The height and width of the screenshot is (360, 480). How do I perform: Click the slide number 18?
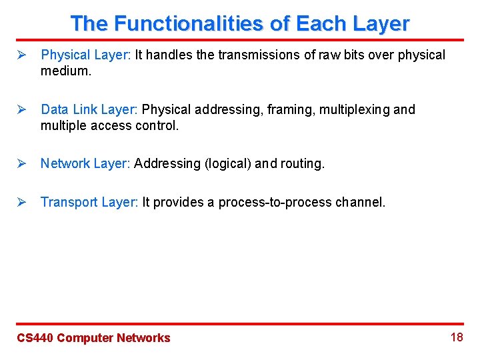click(x=457, y=337)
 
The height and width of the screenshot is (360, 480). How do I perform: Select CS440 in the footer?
click(x=35, y=338)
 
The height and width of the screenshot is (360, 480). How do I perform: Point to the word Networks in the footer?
click(x=143, y=338)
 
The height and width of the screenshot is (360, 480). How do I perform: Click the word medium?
click(x=65, y=70)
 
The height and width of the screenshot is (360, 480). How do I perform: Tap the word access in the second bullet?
click(x=109, y=125)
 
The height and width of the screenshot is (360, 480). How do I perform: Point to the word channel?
click(x=359, y=202)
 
